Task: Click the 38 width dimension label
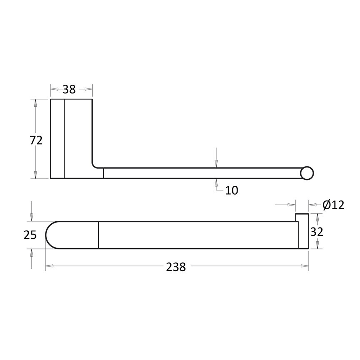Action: [x=69, y=89]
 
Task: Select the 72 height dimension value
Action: [x=36, y=140]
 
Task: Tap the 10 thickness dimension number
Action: [x=232, y=190]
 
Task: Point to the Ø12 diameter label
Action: [x=333, y=205]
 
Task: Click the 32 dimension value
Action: [x=317, y=231]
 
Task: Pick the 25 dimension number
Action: [x=30, y=235]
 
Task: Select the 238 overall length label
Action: [x=176, y=267]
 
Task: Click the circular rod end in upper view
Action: [x=307, y=173]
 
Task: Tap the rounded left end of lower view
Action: [x=52, y=235]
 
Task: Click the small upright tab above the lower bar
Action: [x=302, y=217]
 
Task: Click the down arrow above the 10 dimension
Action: [x=216, y=163]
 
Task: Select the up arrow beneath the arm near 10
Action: [x=216, y=183]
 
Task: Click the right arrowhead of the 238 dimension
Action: [x=304, y=266]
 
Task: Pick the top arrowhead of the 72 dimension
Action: [x=35, y=103]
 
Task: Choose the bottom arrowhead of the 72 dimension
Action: [x=35, y=175]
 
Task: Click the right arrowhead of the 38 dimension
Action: [x=88, y=89]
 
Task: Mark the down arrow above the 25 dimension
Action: [x=32, y=217]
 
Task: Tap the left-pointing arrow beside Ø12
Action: [x=313, y=205]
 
